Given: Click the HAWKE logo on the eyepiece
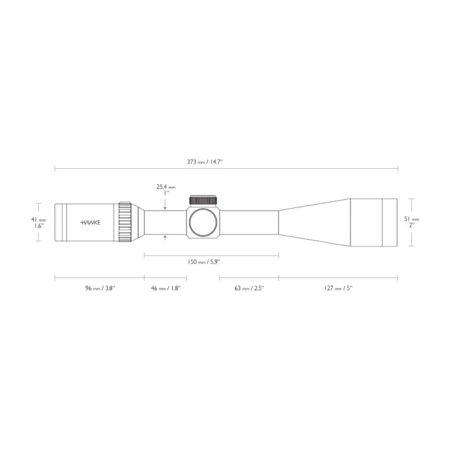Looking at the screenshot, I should click(x=92, y=222).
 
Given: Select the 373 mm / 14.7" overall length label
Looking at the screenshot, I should click(x=205, y=161).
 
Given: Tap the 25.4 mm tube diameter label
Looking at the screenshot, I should click(x=166, y=187).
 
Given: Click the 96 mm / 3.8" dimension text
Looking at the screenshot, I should click(x=99, y=288).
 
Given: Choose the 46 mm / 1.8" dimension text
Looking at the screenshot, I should click(x=166, y=288).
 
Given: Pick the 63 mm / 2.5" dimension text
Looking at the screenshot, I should click(x=248, y=288).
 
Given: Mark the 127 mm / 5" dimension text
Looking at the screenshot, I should click(x=337, y=288).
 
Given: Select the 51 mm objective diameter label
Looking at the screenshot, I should click(x=414, y=219).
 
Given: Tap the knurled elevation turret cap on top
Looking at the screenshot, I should click(x=204, y=200).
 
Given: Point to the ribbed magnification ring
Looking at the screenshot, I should click(x=125, y=222).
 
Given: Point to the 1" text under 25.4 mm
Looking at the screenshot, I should click(x=166, y=193).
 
